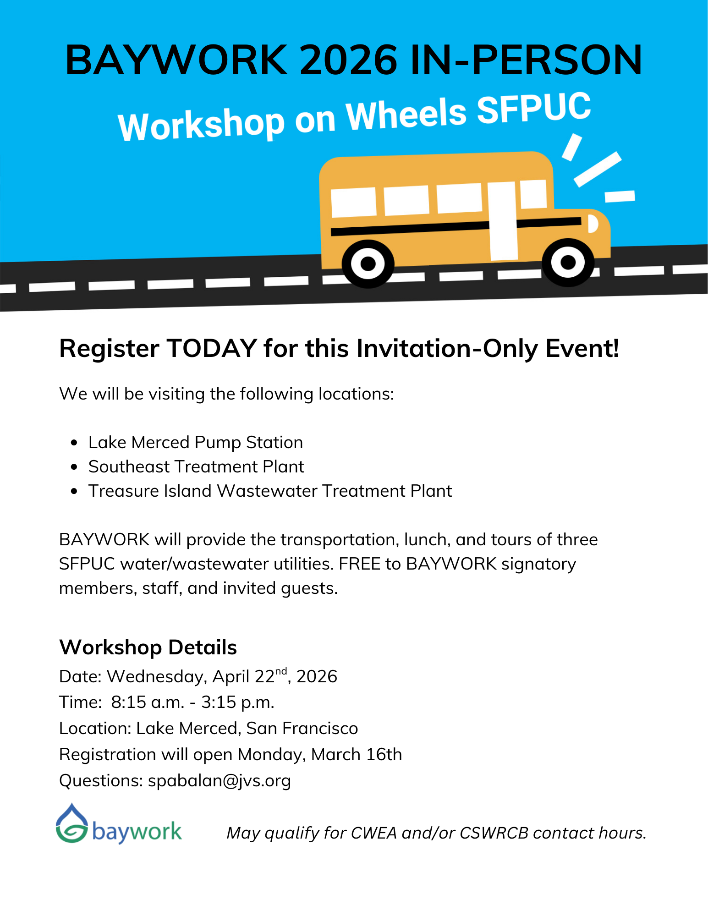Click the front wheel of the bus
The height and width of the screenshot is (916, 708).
pyautogui.click(x=568, y=263)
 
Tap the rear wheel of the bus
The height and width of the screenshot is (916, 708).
pyautogui.click(x=368, y=264)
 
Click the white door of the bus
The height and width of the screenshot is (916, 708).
pyautogui.click(x=503, y=221)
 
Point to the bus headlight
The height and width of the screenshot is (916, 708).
pyautogui.click(x=593, y=224)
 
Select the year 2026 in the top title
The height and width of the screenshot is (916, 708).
pyautogui.click(x=349, y=60)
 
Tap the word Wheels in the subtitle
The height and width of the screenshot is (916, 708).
pyautogui.click(x=406, y=116)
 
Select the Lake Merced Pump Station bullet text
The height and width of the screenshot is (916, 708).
pyautogui.click(x=196, y=442)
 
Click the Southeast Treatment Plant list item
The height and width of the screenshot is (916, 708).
pyautogui.click(x=196, y=466)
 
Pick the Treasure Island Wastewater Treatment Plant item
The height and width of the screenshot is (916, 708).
pyautogui.click(x=270, y=491)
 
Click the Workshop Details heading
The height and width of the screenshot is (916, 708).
pyautogui.click(x=148, y=647)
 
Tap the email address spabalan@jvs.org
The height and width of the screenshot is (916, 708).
pyautogui.click(x=220, y=781)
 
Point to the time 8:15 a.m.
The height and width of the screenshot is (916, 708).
pyautogui.click(x=148, y=702)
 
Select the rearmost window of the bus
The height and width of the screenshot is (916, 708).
pyautogui.click(x=354, y=202)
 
